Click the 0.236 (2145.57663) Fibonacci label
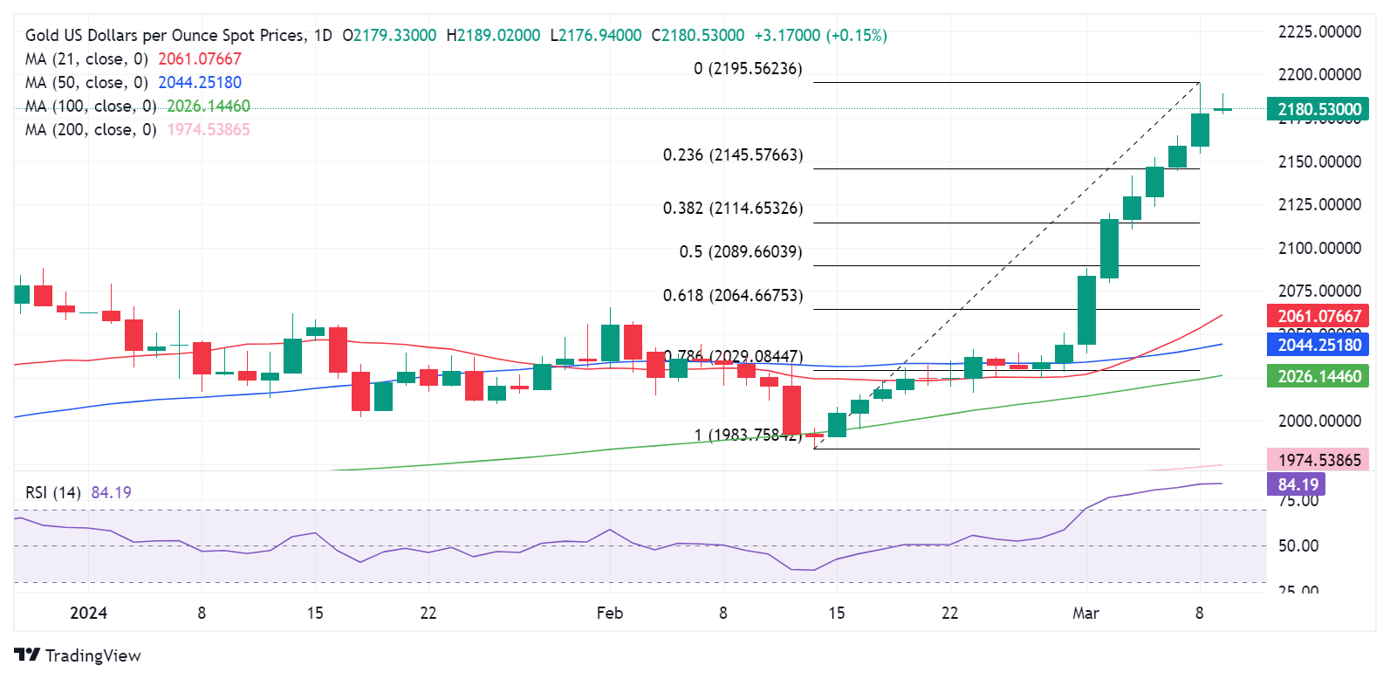click(x=733, y=155)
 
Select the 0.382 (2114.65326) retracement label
click(x=733, y=209)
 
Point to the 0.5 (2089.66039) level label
click(x=741, y=252)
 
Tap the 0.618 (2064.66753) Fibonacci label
click(x=733, y=296)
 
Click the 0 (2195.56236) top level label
click(x=748, y=69)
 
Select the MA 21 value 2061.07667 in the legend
click(x=200, y=59)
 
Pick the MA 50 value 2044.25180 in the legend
click(x=200, y=83)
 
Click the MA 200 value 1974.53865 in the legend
click(x=209, y=130)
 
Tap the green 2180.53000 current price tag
click(x=1318, y=110)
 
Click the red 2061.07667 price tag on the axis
click(x=1318, y=316)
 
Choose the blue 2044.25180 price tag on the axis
click(x=1318, y=345)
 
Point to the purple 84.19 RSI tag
click(x=1298, y=484)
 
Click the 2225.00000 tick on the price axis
click(x=1319, y=32)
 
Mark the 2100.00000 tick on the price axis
click(x=1319, y=249)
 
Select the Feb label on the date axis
click(x=610, y=614)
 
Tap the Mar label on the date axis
click(x=1085, y=614)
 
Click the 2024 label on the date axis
click(x=88, y=614)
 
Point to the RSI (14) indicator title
click(x=53, y=493)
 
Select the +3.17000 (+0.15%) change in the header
click(x=820, y=36)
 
